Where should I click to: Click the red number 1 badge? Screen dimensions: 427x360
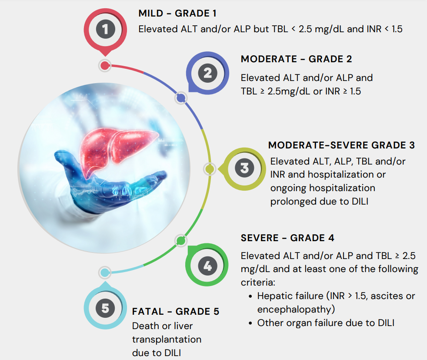pos(105,30)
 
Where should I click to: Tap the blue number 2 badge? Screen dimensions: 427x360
pos(207,73)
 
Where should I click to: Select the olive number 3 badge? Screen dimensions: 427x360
pos(244,169)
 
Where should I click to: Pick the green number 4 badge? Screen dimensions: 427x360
pos(207,265)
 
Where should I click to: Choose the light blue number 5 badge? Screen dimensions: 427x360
pos(105,307)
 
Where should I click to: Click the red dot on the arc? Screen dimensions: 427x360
pos(105,66)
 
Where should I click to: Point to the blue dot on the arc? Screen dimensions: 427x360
pos(181,98)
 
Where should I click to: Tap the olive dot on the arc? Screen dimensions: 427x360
pos(210,169)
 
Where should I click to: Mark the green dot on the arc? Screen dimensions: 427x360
pos(180,241)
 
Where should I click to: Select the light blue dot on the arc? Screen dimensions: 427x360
pos(104,273)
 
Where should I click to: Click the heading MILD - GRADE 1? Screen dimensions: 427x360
pos(177,13)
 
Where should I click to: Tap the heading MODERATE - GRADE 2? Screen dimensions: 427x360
pos(296,59)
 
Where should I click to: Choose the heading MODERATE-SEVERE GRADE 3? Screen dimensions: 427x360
pos(341,145)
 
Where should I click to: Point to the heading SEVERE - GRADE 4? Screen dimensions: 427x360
pos(287,238)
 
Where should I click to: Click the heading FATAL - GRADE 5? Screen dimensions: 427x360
pos(176,312)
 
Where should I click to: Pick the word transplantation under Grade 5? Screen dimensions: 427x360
pos(167,340)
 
